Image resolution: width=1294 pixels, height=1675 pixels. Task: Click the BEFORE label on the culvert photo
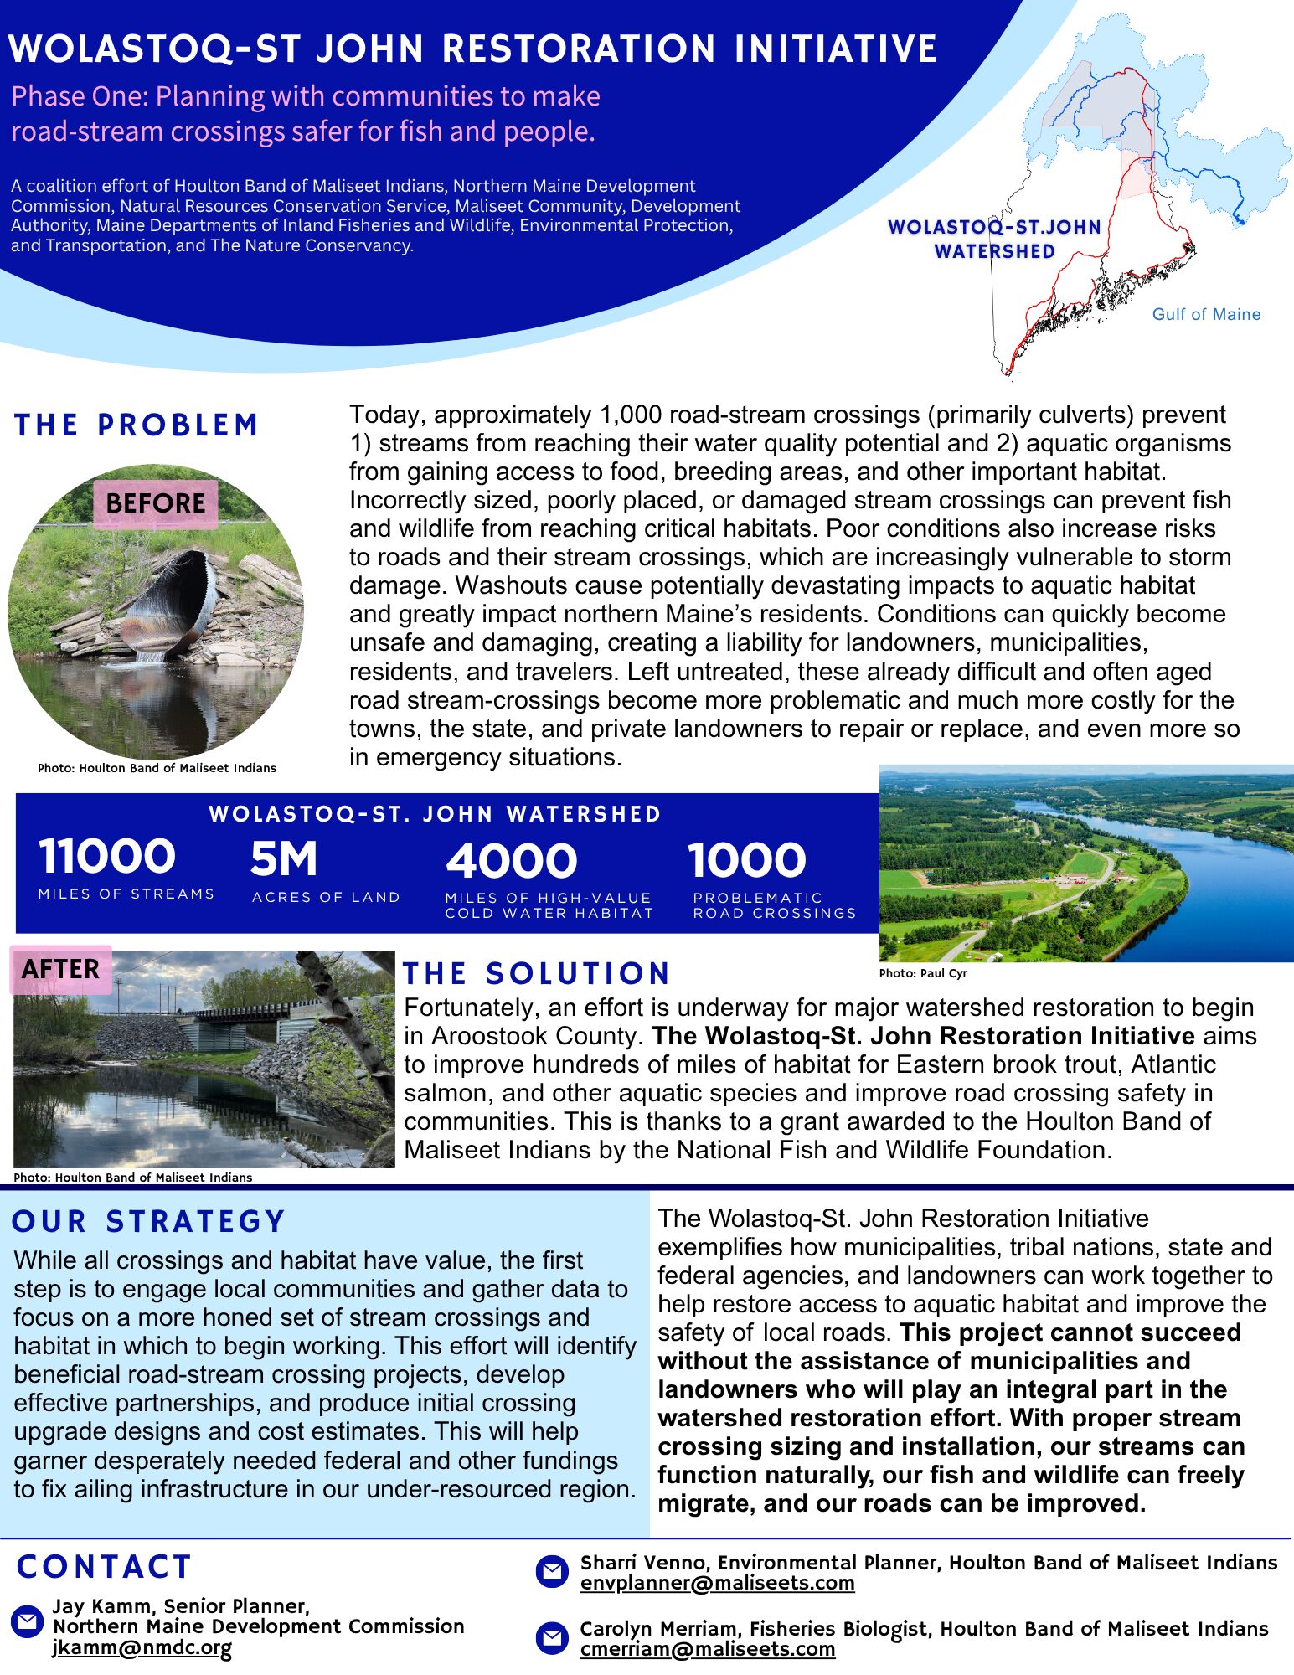tap(156, 503)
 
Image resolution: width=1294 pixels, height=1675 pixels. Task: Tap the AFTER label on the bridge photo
tap(60, 969)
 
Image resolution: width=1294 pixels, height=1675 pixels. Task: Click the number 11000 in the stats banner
tap(107, 857)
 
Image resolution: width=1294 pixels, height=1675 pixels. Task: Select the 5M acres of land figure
tap(284, 859)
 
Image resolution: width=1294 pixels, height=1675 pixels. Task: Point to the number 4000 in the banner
tap(511, 861)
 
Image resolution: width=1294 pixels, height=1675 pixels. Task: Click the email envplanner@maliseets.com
tap(717, 1583)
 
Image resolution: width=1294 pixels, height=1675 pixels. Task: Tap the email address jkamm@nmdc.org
tap(142, 1647)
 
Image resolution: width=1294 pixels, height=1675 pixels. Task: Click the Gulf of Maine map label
tap(1206, 314)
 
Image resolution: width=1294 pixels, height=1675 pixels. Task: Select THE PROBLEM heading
tap(137, 425)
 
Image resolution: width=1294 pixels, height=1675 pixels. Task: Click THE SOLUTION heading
tap(536, 973)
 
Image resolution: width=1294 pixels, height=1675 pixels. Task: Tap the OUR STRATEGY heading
tap(149, 1221)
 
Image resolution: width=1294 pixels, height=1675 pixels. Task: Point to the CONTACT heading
tap(105, 1567)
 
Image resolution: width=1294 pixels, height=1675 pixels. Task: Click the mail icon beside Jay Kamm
tap(27, 1622)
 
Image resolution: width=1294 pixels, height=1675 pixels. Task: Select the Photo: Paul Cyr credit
tap(923, 973)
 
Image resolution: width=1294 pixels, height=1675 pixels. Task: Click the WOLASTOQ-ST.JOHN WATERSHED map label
tap(994, 239)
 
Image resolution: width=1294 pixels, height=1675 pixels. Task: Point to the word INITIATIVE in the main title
tap(835, 49)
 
